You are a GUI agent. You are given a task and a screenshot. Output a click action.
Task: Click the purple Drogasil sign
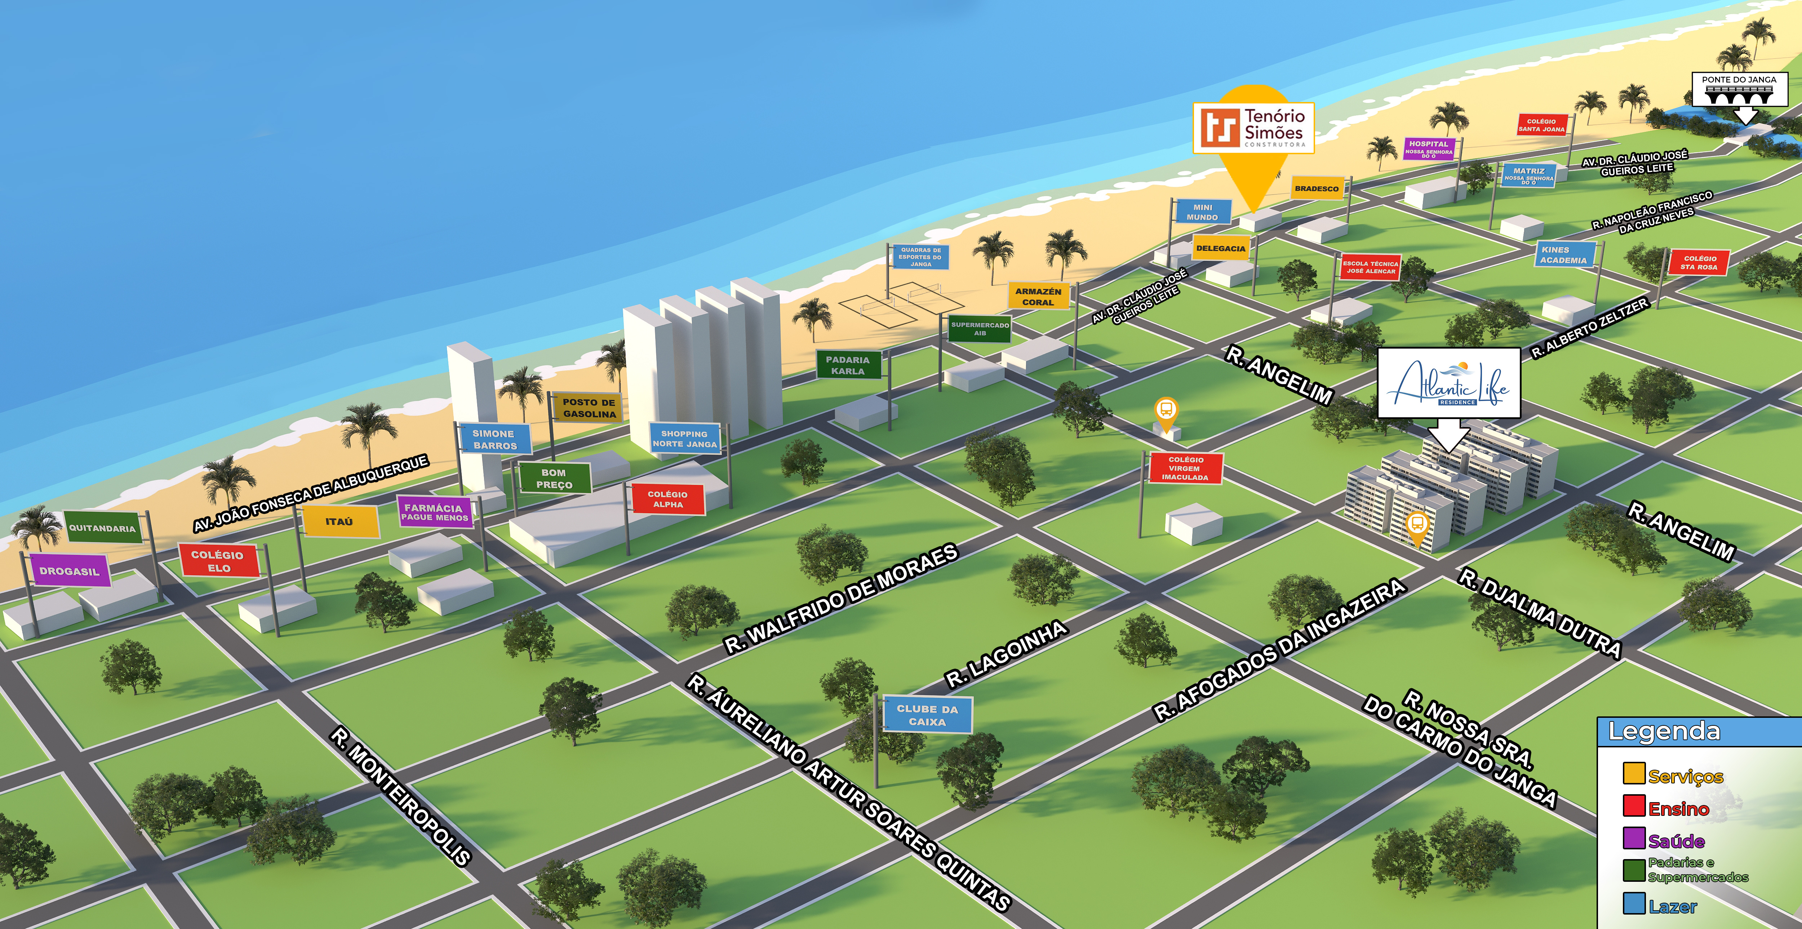tap(69, 571)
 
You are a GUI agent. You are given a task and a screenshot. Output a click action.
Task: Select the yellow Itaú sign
tap(339, 521)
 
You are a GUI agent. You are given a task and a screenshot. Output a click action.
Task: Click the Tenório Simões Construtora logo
tap(1253, 128)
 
